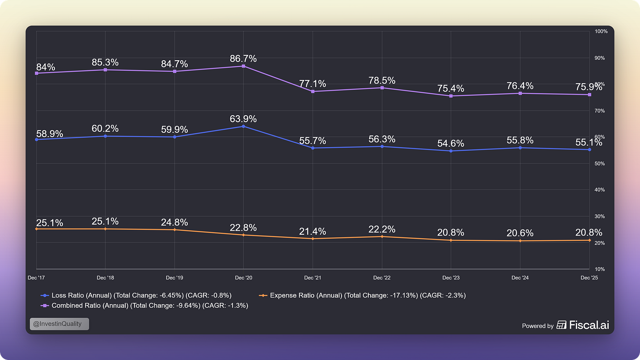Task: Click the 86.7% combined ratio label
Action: point(243,58)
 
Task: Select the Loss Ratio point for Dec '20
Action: point(244,126)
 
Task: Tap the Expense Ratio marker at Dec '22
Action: point(382,236)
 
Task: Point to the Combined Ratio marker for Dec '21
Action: point(313,91)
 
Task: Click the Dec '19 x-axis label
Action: point(174,278)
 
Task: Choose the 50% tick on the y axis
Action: point(600,164)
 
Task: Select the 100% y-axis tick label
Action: point(601,32)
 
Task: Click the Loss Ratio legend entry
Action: point(136,295)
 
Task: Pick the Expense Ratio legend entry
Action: point(362,295)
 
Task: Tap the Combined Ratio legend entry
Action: point(144,306)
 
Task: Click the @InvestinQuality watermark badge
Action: point(59,324)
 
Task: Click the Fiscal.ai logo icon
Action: point(561,325)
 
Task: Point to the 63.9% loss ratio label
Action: point(243,119)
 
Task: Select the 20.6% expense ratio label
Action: point(520,233)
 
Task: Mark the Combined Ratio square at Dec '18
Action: point(105,70)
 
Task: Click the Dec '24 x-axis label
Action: point(520,278)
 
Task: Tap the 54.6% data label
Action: point(451,143)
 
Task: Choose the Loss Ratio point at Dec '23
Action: point(451,151)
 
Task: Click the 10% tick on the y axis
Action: point(600,269)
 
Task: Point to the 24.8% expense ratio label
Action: point(174,222)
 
